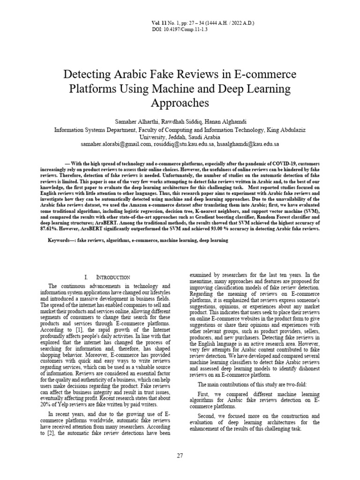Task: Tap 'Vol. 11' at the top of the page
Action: tap(159, 23)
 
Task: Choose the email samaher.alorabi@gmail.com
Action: tap(115, 144)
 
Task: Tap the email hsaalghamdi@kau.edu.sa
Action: tap(248, 144)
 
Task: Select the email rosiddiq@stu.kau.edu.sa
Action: tap(183, 144)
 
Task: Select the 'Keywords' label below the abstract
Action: tap(61, 240)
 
